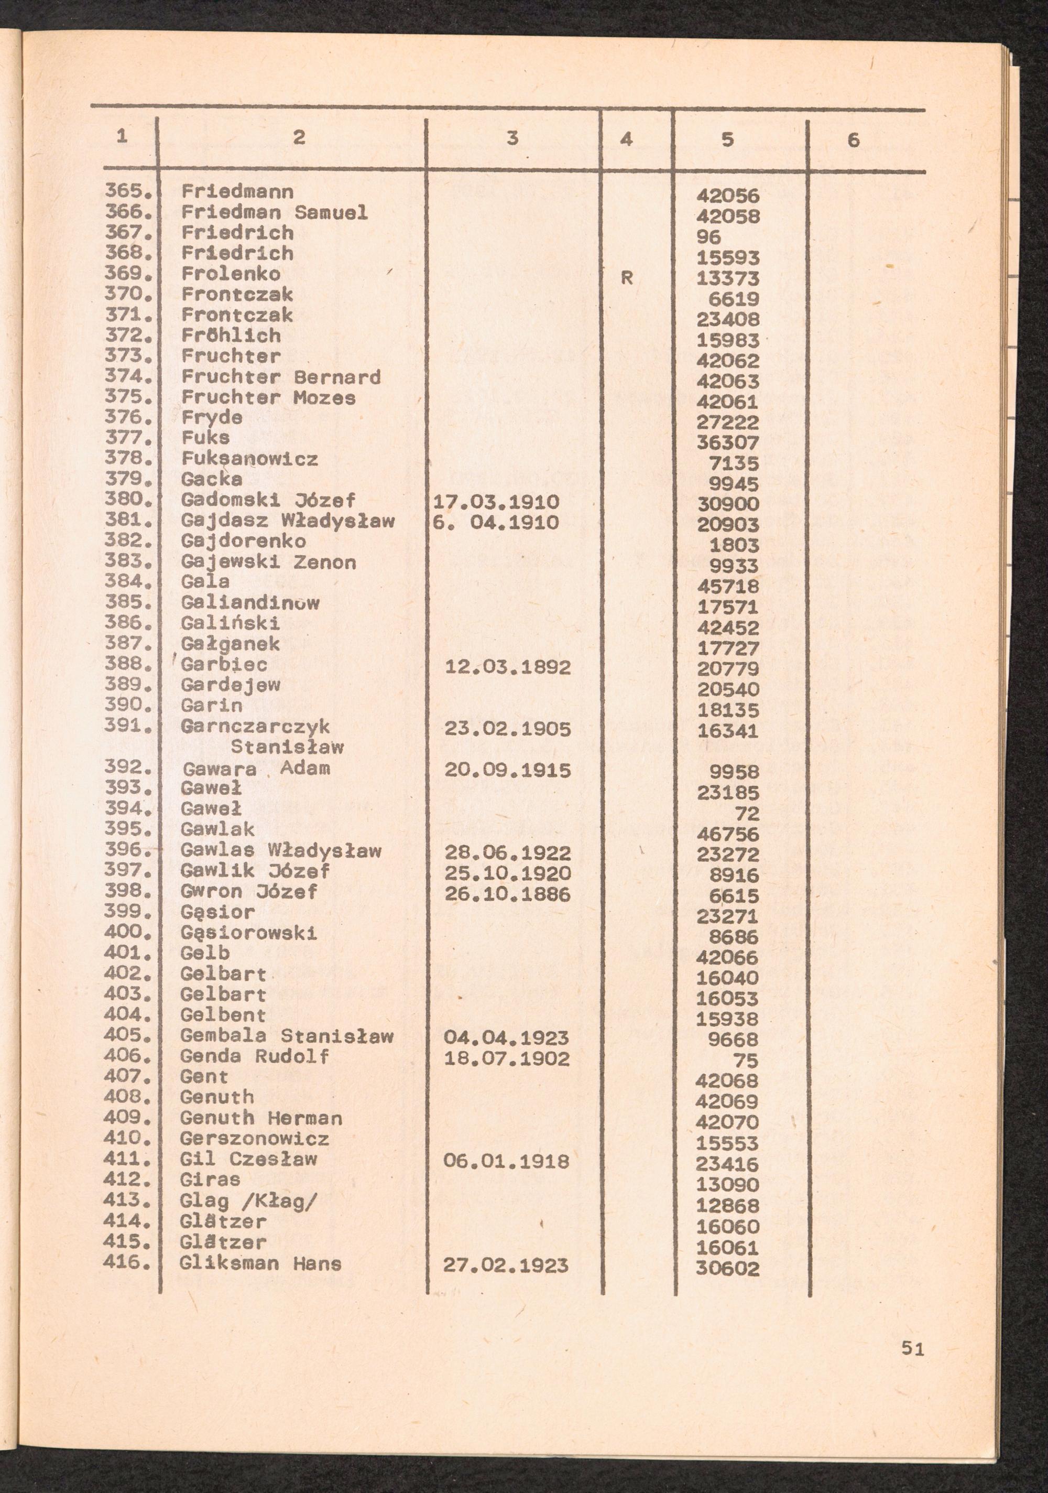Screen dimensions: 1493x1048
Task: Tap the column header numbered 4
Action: pyautogui.click(x=626, y=139)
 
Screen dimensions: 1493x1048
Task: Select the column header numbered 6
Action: pyautogui.click(x=853, y=140)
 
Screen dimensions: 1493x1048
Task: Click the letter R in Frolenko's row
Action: pyautogui.click(x=627, y=278)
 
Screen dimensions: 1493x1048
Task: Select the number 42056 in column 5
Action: pyautogui.click(x=727, y=196)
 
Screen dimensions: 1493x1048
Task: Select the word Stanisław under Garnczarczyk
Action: pyautogui.click(x=287, y=747)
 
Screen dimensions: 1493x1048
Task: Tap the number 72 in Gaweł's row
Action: pyautogui.click(x=746, y=814)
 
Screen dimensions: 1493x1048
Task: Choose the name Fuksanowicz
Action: pyautogui.click(x=249, y=459)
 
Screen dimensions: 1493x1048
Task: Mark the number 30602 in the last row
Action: pyautogui.click(x=727, y=1269)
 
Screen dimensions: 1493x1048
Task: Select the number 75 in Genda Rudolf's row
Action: pyautogui.click(x=746, y=1061)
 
